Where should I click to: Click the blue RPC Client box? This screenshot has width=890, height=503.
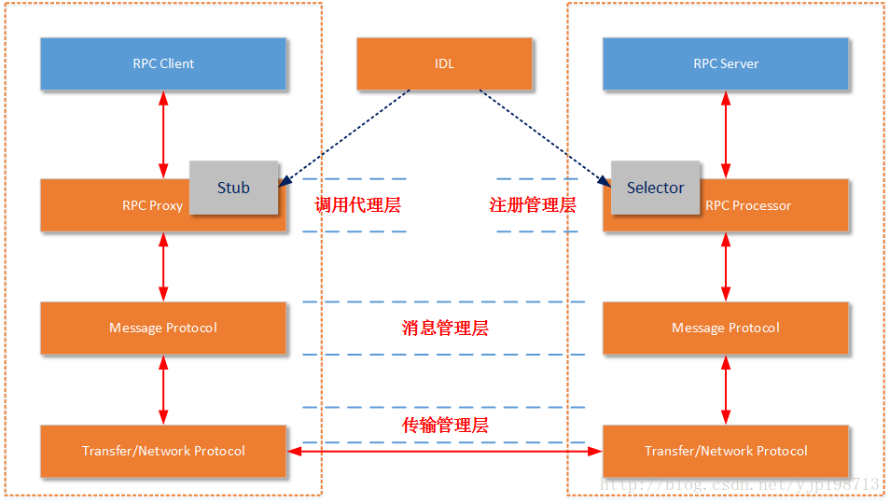tap(163, 63)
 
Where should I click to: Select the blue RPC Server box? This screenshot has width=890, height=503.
tap(726, 63)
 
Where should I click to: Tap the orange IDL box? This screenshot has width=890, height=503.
tap(444, 63)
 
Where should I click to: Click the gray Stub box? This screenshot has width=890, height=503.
tap(233, 188)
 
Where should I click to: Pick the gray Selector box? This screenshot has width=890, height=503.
tap(655, 188)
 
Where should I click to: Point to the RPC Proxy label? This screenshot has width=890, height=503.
tap(152, 206)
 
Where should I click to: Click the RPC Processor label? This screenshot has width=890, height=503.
tap(748, 206)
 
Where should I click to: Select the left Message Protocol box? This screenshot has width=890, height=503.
tap(163, 328)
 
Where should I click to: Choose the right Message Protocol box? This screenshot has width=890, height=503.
tap(726, 328)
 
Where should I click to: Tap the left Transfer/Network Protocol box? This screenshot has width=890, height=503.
tap(163, 451)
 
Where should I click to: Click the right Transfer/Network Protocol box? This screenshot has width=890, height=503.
tap(726, 451)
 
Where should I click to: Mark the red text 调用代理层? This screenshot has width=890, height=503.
tap(358, 205)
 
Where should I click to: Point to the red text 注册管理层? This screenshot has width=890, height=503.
tap(533, 205)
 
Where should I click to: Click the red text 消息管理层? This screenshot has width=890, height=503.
tap(445, 328)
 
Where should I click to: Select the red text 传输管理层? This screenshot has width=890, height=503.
tap(445, 426)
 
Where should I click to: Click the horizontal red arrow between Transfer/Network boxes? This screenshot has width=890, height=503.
tap(445, 452)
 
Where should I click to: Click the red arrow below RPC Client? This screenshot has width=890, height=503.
tap(163, 134)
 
